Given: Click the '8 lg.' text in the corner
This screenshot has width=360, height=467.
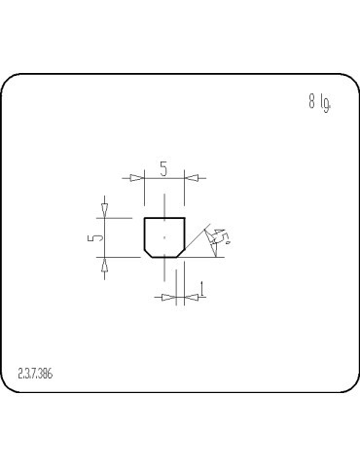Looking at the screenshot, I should point(319,102).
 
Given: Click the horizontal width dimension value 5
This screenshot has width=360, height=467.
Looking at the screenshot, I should point(163,169).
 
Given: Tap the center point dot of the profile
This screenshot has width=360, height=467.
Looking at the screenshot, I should point(164,237).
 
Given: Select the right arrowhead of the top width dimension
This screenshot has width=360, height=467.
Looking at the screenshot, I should point(191,178).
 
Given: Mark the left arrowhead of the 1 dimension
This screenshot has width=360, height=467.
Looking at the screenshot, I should point(167,298).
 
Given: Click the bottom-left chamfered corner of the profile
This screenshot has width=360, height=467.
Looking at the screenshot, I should point(148,253).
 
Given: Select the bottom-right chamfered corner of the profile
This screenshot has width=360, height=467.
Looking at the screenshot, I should point(182,253).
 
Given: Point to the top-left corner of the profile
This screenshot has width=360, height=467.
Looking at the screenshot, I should point(145,219).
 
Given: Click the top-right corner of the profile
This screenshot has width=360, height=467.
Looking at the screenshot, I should point(185,219).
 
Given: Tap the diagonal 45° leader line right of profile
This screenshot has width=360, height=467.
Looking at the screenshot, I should point(199,238).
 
